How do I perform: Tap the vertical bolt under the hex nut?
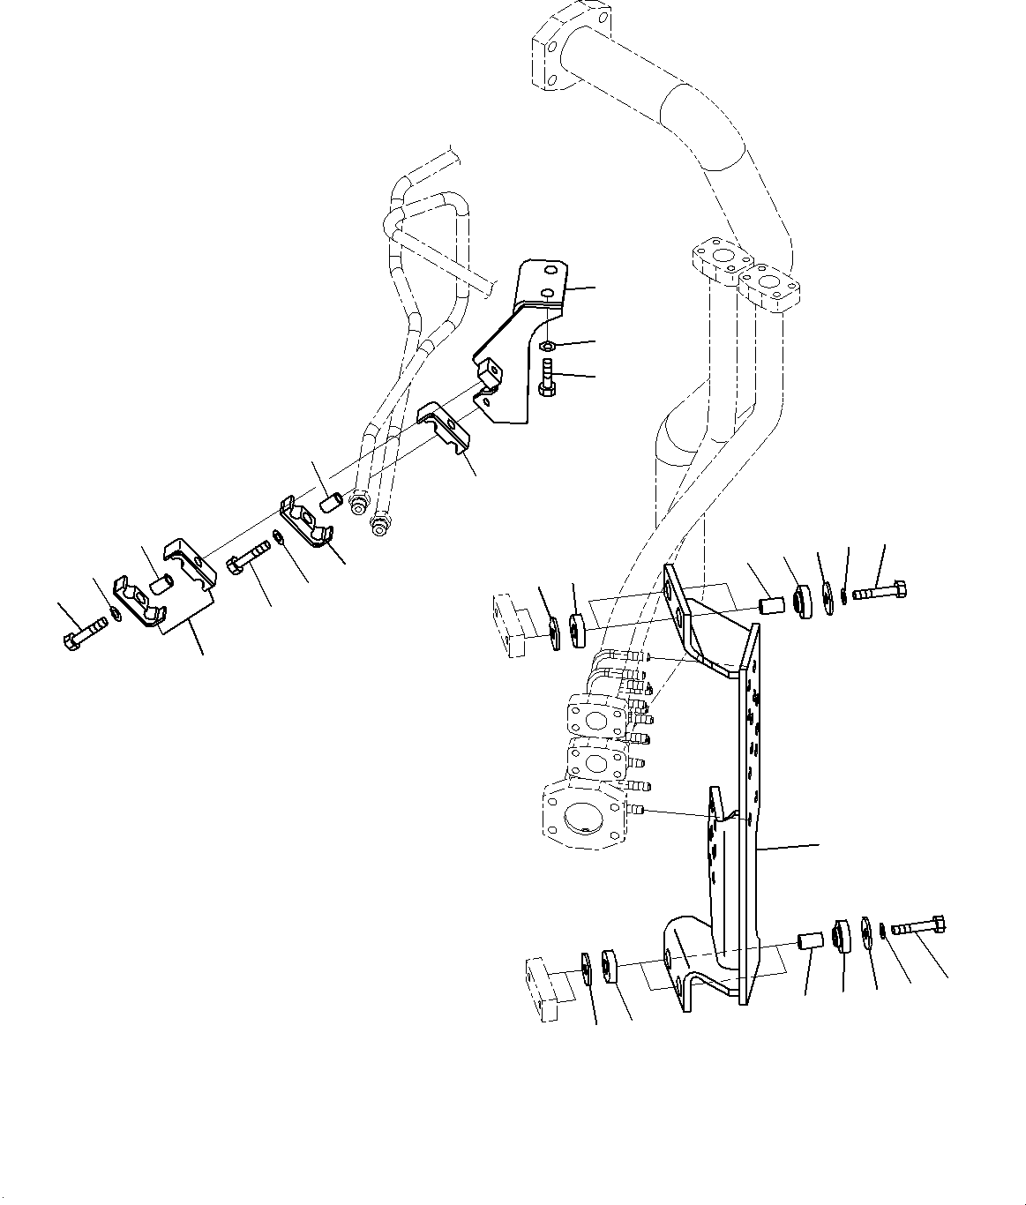(545, 377)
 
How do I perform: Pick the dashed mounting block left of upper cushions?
(510, 625)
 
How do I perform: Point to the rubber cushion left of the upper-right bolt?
(803, 602)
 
